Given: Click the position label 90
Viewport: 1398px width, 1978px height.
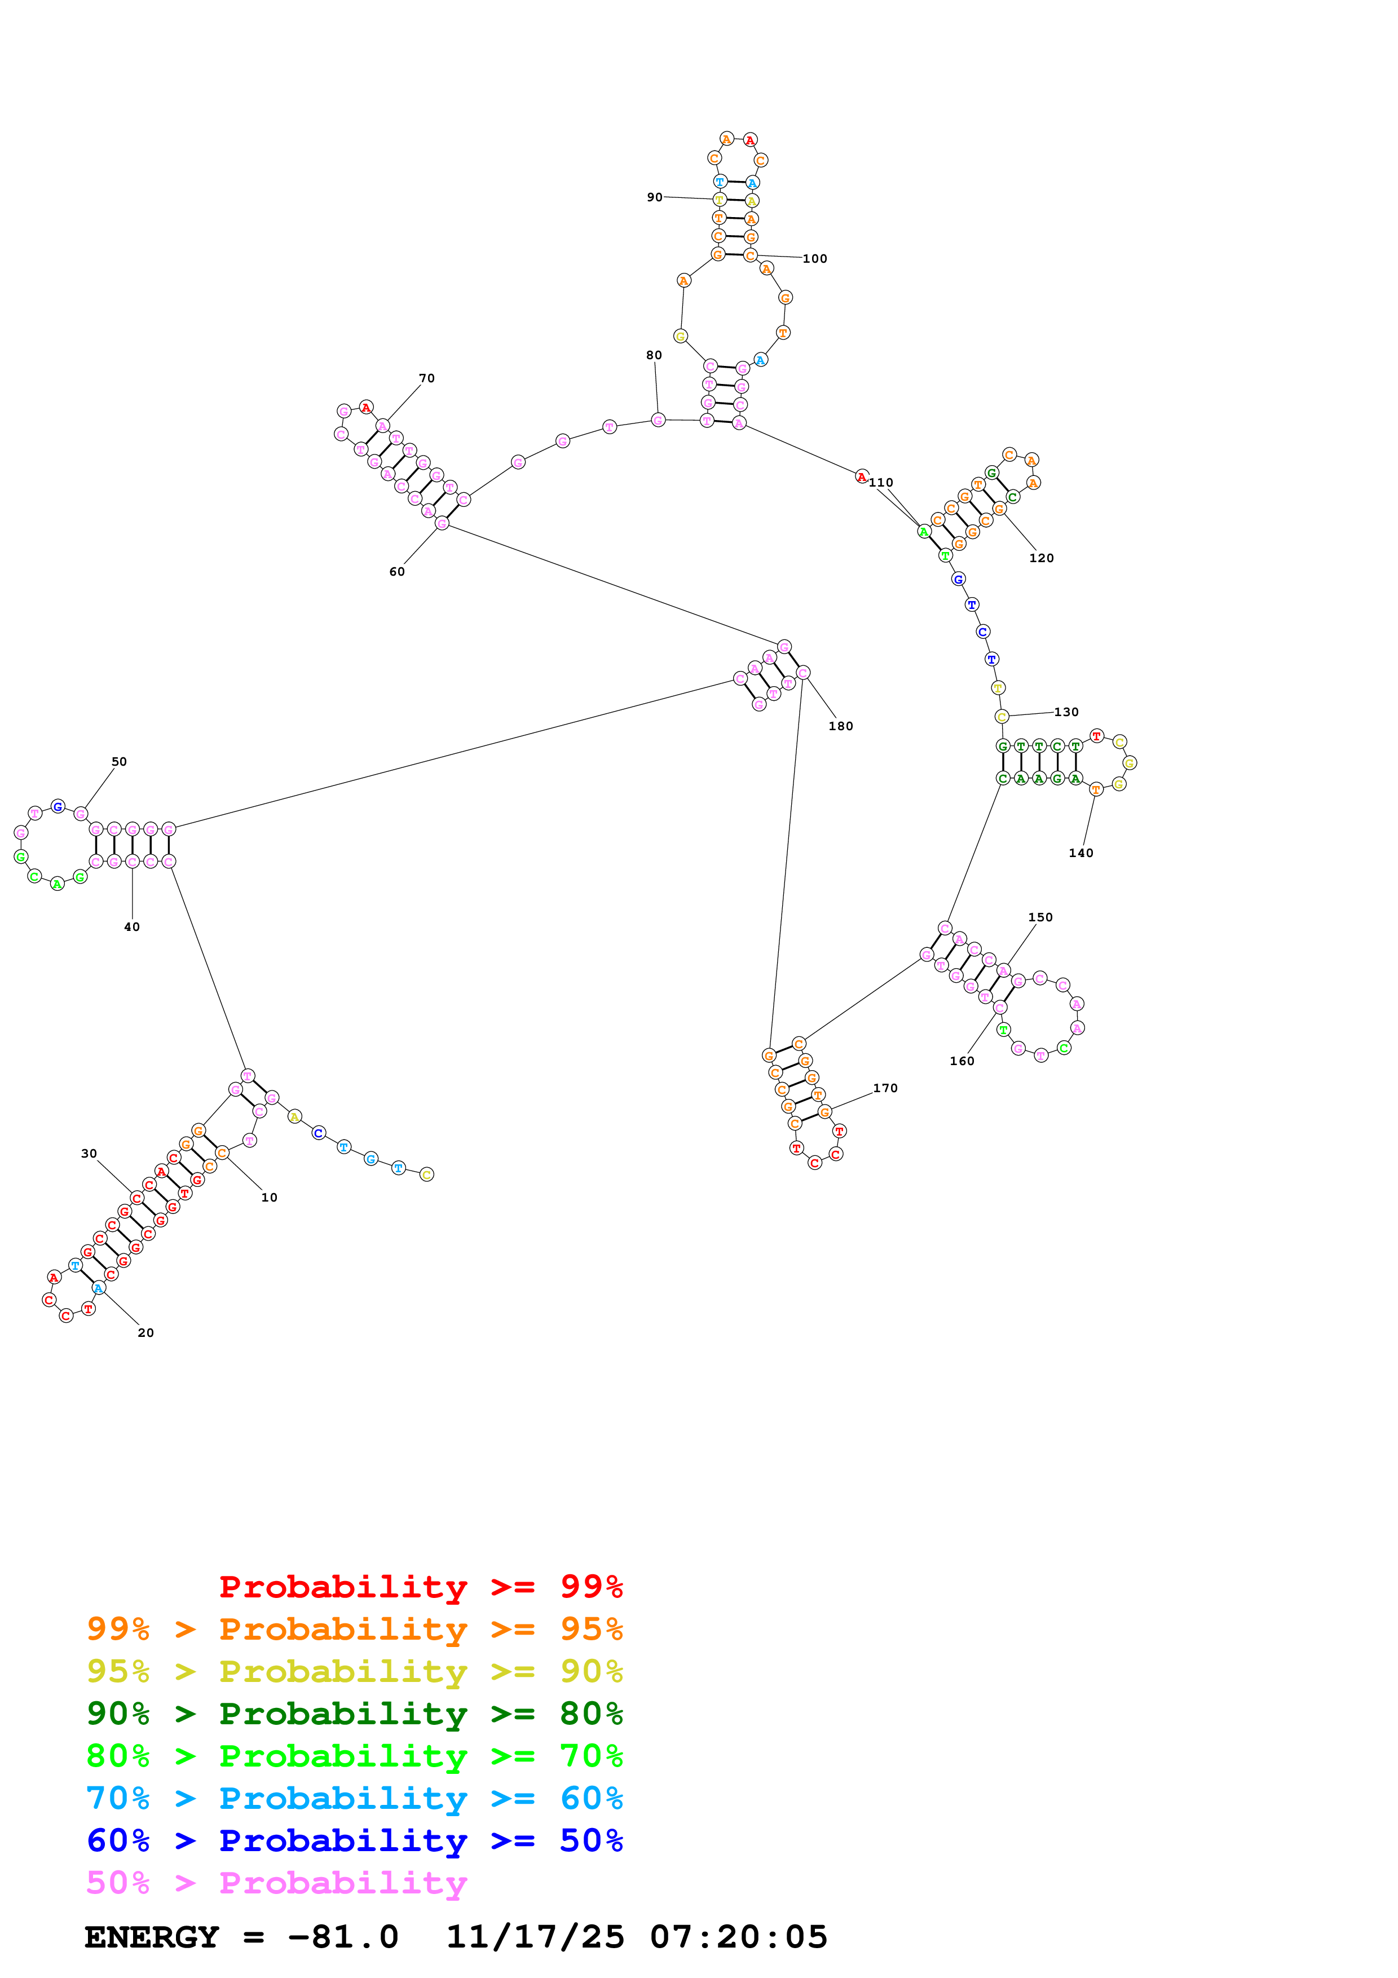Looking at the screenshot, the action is pos(655,197).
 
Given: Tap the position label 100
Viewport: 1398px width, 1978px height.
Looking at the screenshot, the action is pos(815,258).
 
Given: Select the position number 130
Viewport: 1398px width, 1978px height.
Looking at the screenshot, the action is pos(1066,712).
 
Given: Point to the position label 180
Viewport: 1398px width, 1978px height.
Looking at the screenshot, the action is pos(841,726).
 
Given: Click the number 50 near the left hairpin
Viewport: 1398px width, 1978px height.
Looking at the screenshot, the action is pos(119,762).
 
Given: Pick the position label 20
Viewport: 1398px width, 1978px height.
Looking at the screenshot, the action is pos(145,1333).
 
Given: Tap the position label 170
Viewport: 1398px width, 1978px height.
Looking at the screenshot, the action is pos(885,1088).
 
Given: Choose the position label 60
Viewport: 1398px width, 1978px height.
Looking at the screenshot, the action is pos(397,571).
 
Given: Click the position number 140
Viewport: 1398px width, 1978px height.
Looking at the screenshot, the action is pos(1081,853).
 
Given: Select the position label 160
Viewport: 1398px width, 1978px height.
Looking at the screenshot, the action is pos(962,1061).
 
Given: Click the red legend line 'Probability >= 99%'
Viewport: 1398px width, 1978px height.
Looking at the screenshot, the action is pos(420,1587).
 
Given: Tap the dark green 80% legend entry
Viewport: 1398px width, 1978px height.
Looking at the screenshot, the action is pos(355,1714).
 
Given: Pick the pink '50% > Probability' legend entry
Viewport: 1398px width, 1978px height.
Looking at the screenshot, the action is pos(277,1882).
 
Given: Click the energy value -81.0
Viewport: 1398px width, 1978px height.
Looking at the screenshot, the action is pos(343,1937).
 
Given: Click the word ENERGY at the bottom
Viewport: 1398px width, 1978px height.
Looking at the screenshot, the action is pos(152,1937).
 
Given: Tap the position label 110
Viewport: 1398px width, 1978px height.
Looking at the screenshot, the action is pos(880,483).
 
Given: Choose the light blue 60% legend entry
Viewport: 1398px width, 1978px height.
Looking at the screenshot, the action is pos(355,1798).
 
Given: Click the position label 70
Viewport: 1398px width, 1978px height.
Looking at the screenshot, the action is pos(426,378).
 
